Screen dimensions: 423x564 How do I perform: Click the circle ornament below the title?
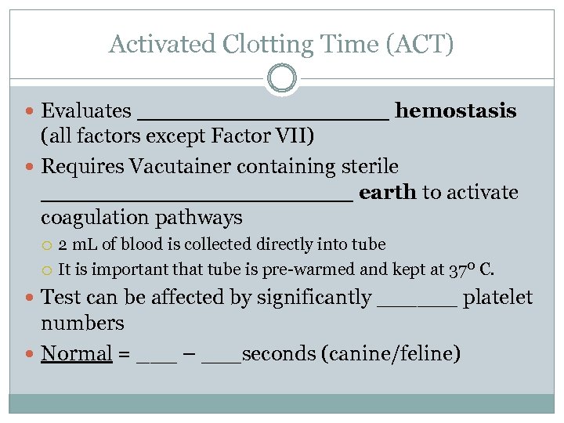pos(282,78)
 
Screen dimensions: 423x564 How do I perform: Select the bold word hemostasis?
pos(455,111)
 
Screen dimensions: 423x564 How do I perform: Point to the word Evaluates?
pos(86,111)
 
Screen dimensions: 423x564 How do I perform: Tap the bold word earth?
pos(387,193)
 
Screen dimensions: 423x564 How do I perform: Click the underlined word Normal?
pos(77,353)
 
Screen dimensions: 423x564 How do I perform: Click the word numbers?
pos(82,324)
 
